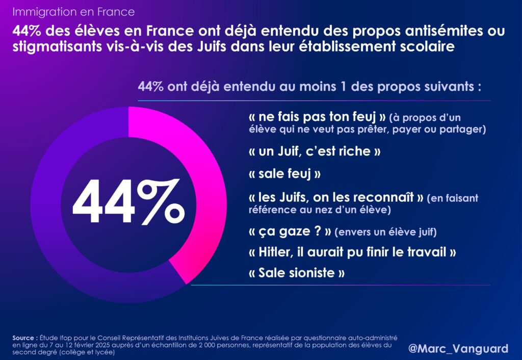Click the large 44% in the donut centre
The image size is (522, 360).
click(128, 202)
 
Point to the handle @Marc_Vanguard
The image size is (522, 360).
click(458, 349)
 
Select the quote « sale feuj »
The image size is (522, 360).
click(284, 173)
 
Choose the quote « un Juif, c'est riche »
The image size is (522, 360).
click(315, 151)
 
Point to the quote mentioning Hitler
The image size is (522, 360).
click(351, 252)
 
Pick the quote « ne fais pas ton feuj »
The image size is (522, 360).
click(317, 117)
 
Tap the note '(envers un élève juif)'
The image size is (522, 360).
click(385, 233)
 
